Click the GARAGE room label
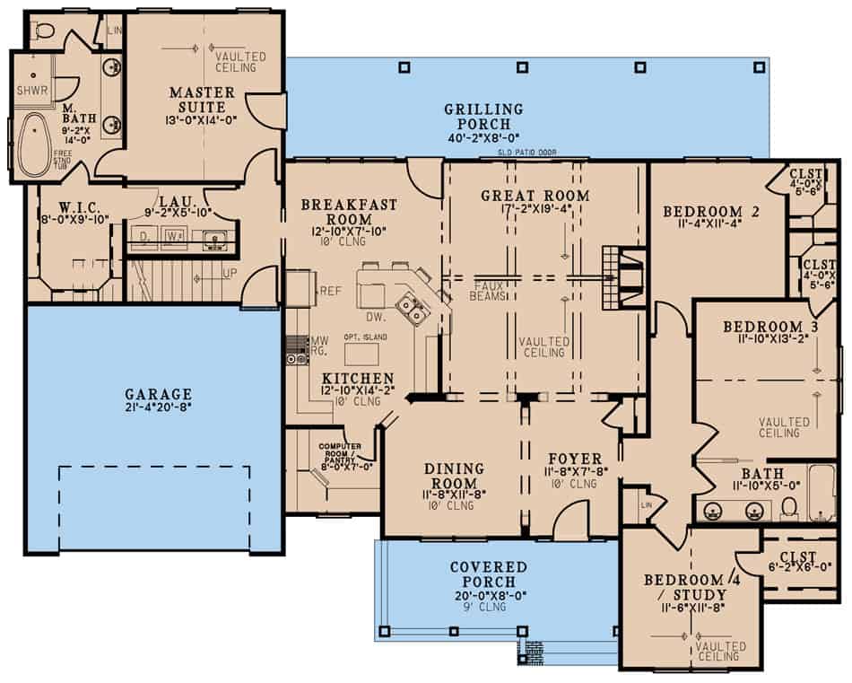[158, 393]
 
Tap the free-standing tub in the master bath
[38, 145]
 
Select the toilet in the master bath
[50, 33]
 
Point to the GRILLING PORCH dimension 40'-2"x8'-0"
[483, 138]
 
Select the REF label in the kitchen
[331, 290]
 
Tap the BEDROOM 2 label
[711, 212]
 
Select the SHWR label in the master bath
[32, 90]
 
